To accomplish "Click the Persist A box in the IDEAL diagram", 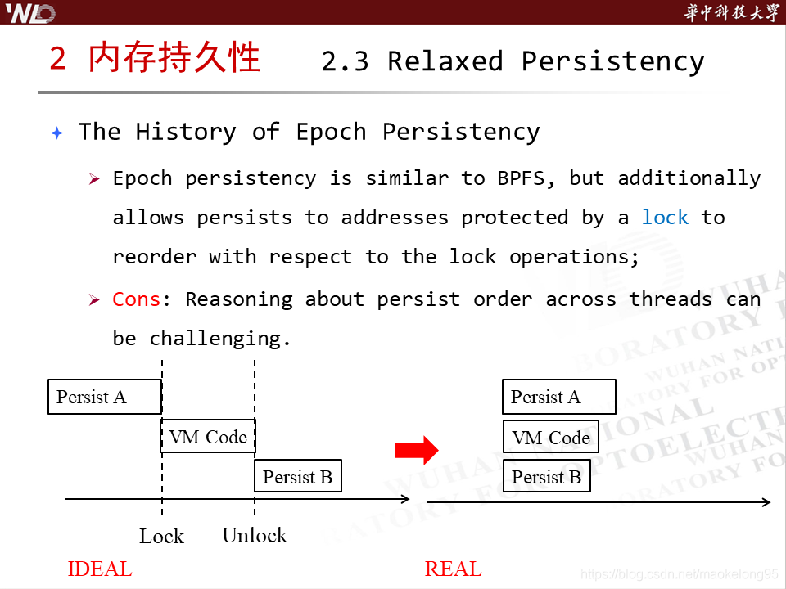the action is pos(105,397).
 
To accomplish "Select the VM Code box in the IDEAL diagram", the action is pos(208,436).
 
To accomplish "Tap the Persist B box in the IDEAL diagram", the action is pos(298,476).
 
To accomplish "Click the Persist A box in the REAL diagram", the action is pos(558,397).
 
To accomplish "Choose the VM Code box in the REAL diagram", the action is pos(551,437).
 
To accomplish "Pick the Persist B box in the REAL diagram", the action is pos(546,476).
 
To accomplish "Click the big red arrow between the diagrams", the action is pos(417,449).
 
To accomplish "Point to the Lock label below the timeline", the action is pos(161,537).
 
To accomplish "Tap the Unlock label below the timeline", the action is pos(255,536).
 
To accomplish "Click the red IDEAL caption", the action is pos(100,569).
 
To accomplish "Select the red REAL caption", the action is pos(454,569).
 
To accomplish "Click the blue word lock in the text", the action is pos(665,218).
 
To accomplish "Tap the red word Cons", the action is pos(137,299).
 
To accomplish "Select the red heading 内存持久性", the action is pos(174,59).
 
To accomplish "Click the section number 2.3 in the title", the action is pos(346,61).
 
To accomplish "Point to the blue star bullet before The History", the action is pos(56,133).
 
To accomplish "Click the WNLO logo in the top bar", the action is pos(30,13).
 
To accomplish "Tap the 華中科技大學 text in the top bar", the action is pos(730,13).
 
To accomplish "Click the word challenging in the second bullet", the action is pos(220,339).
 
